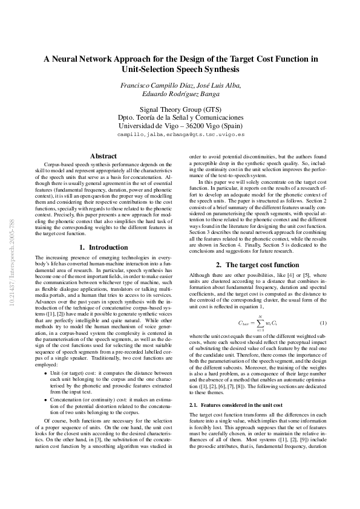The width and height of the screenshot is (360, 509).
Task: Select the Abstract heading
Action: point(103,157)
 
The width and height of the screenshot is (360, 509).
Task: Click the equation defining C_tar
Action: point(258,323)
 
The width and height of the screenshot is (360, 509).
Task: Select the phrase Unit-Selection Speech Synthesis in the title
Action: point(180,70)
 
